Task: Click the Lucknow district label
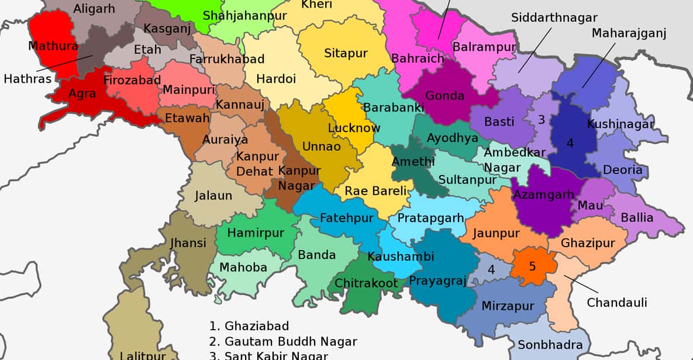point(354,128)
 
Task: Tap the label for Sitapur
point(346,53)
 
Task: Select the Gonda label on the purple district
point(444,96)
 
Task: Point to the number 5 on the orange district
point(532,266)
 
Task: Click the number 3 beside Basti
point(542,120)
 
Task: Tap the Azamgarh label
point(543,195)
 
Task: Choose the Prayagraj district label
point(437,282)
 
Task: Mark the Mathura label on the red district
point(53,46)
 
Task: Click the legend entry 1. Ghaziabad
point(249,326)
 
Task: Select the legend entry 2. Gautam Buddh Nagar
point(283,341)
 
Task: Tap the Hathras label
point(27,78)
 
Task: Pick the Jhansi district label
point(188,243)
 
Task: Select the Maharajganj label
point(629,33)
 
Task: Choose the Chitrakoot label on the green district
point(366,283)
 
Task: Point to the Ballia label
point(637,218)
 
